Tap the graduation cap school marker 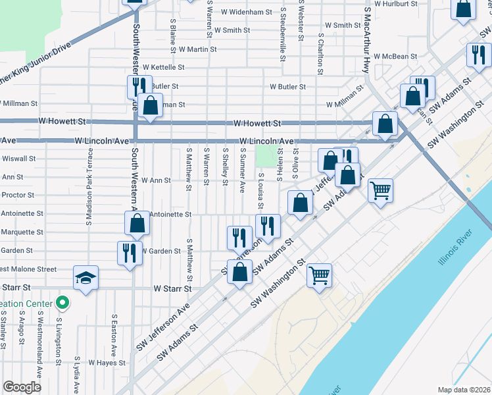(x=86, y=278)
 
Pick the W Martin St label (x=193, y=49)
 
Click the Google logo (x=22, y=386)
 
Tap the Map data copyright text (x=464, y=390)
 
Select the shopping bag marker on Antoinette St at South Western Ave (x=137, y=224)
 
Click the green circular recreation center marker (x=62, y=303)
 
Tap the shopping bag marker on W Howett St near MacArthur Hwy (x=384, y=124)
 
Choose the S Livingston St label (x=58, y=343)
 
